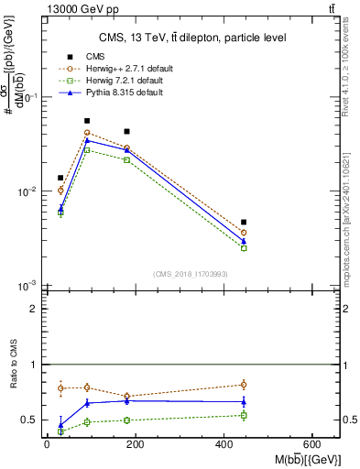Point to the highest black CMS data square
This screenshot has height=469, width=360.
[x=87, y=121]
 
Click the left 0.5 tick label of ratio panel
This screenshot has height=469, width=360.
[x=29, y=420]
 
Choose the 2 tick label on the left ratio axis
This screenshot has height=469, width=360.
[x=33, y=309]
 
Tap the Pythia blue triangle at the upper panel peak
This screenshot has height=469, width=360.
[x=87, y=140]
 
